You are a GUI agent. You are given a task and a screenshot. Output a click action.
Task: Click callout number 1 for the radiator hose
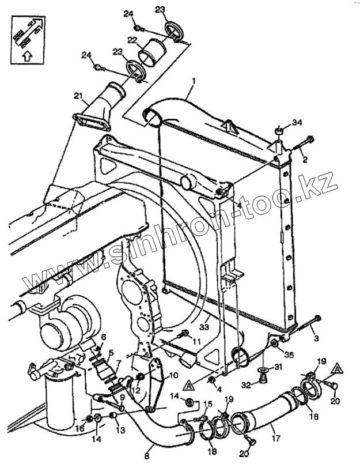click(194, 82)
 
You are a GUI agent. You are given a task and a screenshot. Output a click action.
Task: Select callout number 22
click(132, 40)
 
